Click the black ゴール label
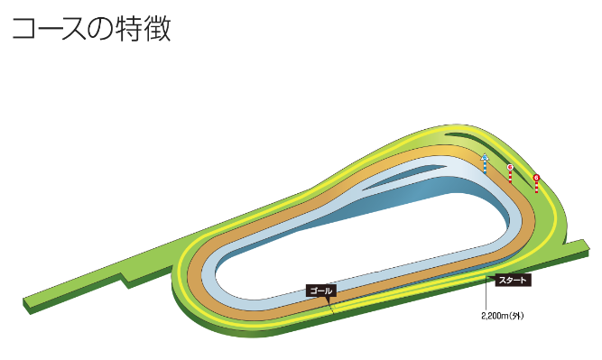[x=321, y=291]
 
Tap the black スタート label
[x=513, y=281]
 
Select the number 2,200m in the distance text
[x=495, y=316]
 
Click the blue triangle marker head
[x=485, y=157]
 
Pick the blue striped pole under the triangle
[x=486, y=167]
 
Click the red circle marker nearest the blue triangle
[x=510, y=167]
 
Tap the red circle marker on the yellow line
[x=536, y=178]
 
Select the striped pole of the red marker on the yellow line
[x=536, y=187]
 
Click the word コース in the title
[x=49, y=29]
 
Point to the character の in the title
[x=100, y=29]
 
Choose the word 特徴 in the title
[x=144, y=29]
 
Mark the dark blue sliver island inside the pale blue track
[x=407, y=176]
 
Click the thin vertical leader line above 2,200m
[x=486, y=294]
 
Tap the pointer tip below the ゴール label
[x=329, y=304]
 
